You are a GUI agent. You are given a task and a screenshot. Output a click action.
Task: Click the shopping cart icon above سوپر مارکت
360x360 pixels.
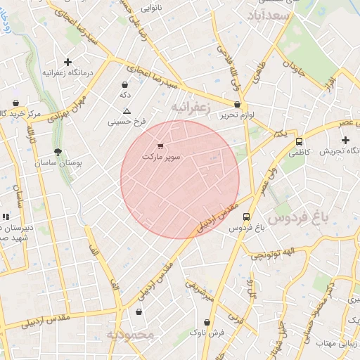pyautogui.click(x=161, y=146)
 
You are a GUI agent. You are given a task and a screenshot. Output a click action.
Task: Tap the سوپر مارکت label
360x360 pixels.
pyautogui.click(x=162, y=156)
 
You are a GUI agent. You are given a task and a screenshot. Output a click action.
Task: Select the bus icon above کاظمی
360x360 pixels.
pyautogui.click(x=299, y=141)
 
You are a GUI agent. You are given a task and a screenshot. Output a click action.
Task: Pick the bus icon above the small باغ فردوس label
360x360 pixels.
pyautogui.click(x=246, y=217)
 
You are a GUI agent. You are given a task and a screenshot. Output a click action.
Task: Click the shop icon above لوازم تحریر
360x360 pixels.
pyautogui.click(x=238, y=104)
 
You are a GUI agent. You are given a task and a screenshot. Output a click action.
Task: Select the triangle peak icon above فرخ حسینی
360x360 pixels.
pyautogui.click(x=127, y=111)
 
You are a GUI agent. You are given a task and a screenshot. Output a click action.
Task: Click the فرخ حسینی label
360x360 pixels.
pyautogui.click(x=127, y=122)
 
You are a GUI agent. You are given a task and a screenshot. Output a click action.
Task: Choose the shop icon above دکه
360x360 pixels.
pyautogui.click(x=124, y=85)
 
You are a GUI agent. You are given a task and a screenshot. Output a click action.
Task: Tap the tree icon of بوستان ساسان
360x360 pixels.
pyautogui.click(x=58, y=152)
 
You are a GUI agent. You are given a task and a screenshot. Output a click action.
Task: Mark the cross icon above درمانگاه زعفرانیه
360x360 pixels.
pyautogui.click(x=67, y=62)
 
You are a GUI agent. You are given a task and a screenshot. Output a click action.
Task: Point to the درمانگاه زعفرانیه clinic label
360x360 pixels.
pyautogui.click(x=64, y=72)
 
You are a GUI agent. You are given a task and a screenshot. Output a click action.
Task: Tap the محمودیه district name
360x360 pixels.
pyautogui.click(x=130, y=335)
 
